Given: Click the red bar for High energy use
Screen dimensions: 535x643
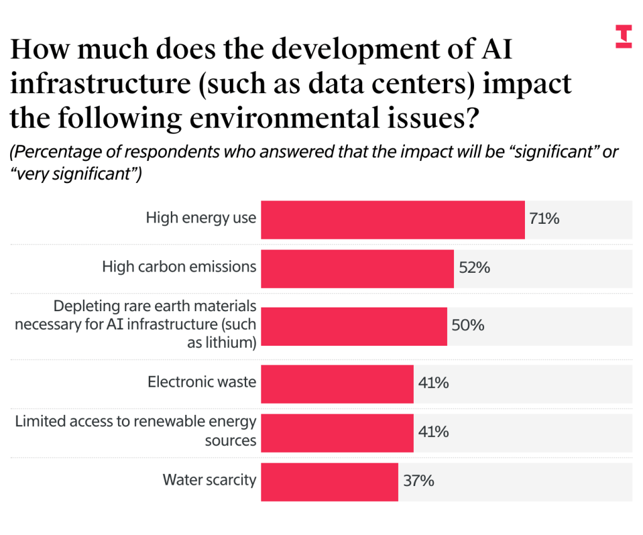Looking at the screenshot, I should [x=392, y=219].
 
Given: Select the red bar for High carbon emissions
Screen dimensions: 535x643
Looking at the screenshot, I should [x=357, y=268].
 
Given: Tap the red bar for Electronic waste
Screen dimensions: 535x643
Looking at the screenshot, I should [x=337, y=383].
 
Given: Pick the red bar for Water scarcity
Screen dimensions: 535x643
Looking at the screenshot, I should [x=329, y=482].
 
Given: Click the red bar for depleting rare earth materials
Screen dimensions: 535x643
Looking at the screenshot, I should [x=354, y=326].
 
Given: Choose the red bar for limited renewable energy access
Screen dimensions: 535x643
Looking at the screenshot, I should [x=337, y=433].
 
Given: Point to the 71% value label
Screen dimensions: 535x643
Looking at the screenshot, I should [x=544, y=219].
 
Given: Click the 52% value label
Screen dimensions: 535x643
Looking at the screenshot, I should [x=473, y=268].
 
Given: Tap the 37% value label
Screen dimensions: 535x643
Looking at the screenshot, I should [x=419, y=482].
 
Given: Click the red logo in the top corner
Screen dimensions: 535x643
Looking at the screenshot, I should [x=624, y=36].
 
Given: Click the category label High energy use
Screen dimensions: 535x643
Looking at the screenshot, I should [x=201, y=218].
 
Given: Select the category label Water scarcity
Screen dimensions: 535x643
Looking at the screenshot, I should [x=209, y=480].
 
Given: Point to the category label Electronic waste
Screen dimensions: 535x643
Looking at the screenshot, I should [x=202, y=382].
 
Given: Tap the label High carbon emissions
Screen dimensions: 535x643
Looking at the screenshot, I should [x=179, y=267].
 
